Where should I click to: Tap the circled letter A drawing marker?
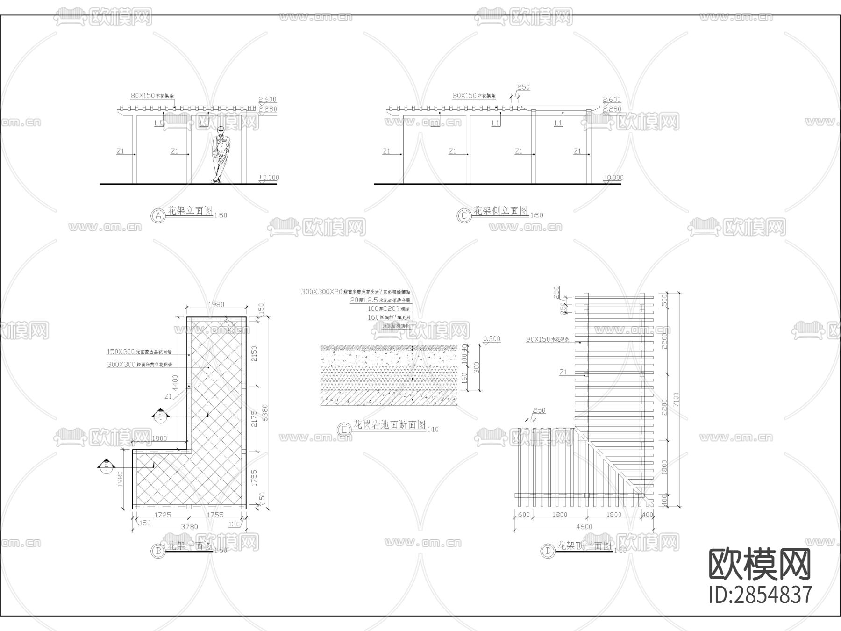(158, 215)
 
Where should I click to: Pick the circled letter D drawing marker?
(548, 551)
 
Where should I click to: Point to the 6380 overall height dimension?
(266, 413)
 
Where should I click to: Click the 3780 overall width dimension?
(189, 526)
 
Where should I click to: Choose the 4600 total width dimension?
(584, 526)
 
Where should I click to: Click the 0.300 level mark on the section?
(491, 339)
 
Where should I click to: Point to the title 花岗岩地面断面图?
(390, 425)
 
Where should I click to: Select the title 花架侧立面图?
(501, 210)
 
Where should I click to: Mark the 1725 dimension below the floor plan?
(163, 515)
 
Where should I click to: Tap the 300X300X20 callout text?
(322, 292)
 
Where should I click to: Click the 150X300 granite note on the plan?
(121, 351)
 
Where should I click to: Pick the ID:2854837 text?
(761, 595)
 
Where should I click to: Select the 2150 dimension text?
(255, 353)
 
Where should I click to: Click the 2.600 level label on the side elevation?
(612, 100)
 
